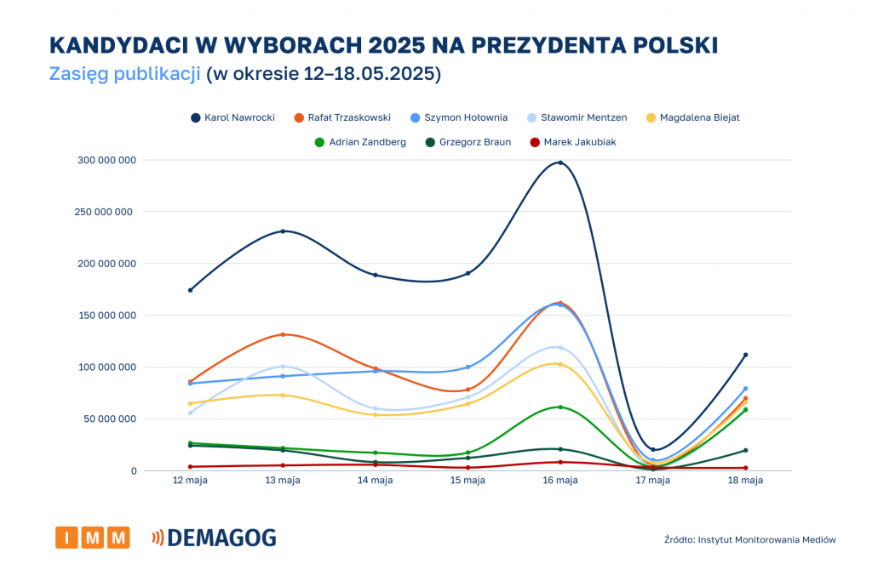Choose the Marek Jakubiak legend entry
[x=571, y=142]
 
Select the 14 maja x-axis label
[x=376, y=481]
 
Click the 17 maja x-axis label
[x=653, y=481]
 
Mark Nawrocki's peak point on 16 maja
[x=560, y=162]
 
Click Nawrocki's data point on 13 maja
[x=283, y=231]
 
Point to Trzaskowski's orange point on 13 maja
[x=283, y=334]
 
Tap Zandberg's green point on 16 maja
[x=560, y=407]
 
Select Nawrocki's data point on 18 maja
[x=745, y=355]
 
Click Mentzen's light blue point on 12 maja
[x=191, y=413]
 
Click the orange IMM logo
[x=93, y=538]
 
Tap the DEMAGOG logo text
[x=221, y=538]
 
